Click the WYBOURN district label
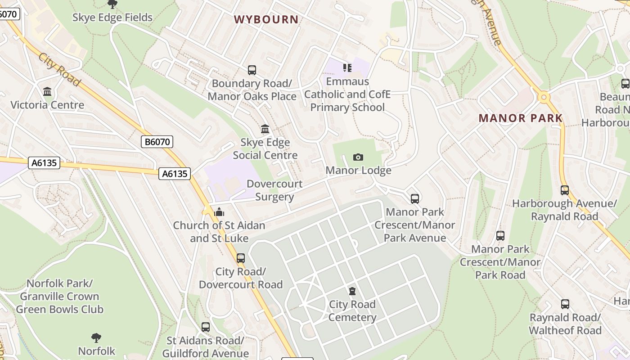pos(266,19)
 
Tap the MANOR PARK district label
pos(521,118)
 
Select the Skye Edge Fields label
pos(112,18)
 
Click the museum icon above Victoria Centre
pos(47,92)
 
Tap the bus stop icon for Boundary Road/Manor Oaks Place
pos(252,70)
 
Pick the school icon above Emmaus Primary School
pos(347,68)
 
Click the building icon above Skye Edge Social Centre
pos(265,129)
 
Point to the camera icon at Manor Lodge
pos(358,157)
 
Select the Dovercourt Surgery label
pos(274,190)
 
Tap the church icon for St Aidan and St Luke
pos(220,212)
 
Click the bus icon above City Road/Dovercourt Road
pos(241,258)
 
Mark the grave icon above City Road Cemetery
pos(352,291)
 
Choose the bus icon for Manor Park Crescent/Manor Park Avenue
pos(415,198)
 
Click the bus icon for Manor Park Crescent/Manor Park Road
pos(500,235)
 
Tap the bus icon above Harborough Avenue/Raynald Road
pos(565,190)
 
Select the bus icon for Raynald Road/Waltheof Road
pos(565,304)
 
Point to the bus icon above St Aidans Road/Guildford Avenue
pos(206,327)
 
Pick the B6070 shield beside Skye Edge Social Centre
pos(157,142)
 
